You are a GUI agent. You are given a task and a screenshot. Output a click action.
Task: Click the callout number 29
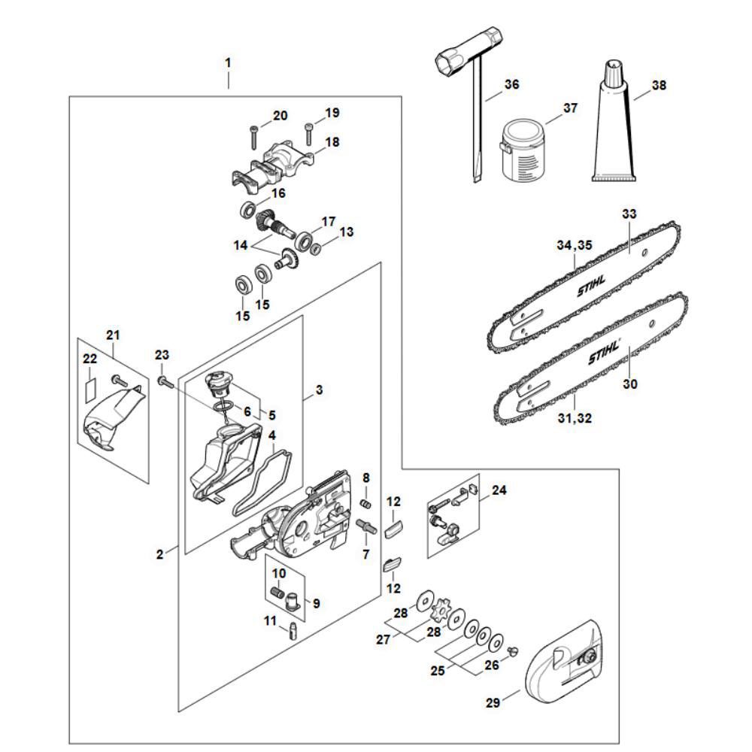[x=493, y=704]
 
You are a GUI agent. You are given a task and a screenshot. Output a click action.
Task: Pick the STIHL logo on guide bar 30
[x=602, y=350]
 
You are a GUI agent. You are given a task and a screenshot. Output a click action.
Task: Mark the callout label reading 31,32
[x=575, y=419]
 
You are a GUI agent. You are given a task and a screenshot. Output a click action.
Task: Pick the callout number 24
[x=499, y=490]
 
